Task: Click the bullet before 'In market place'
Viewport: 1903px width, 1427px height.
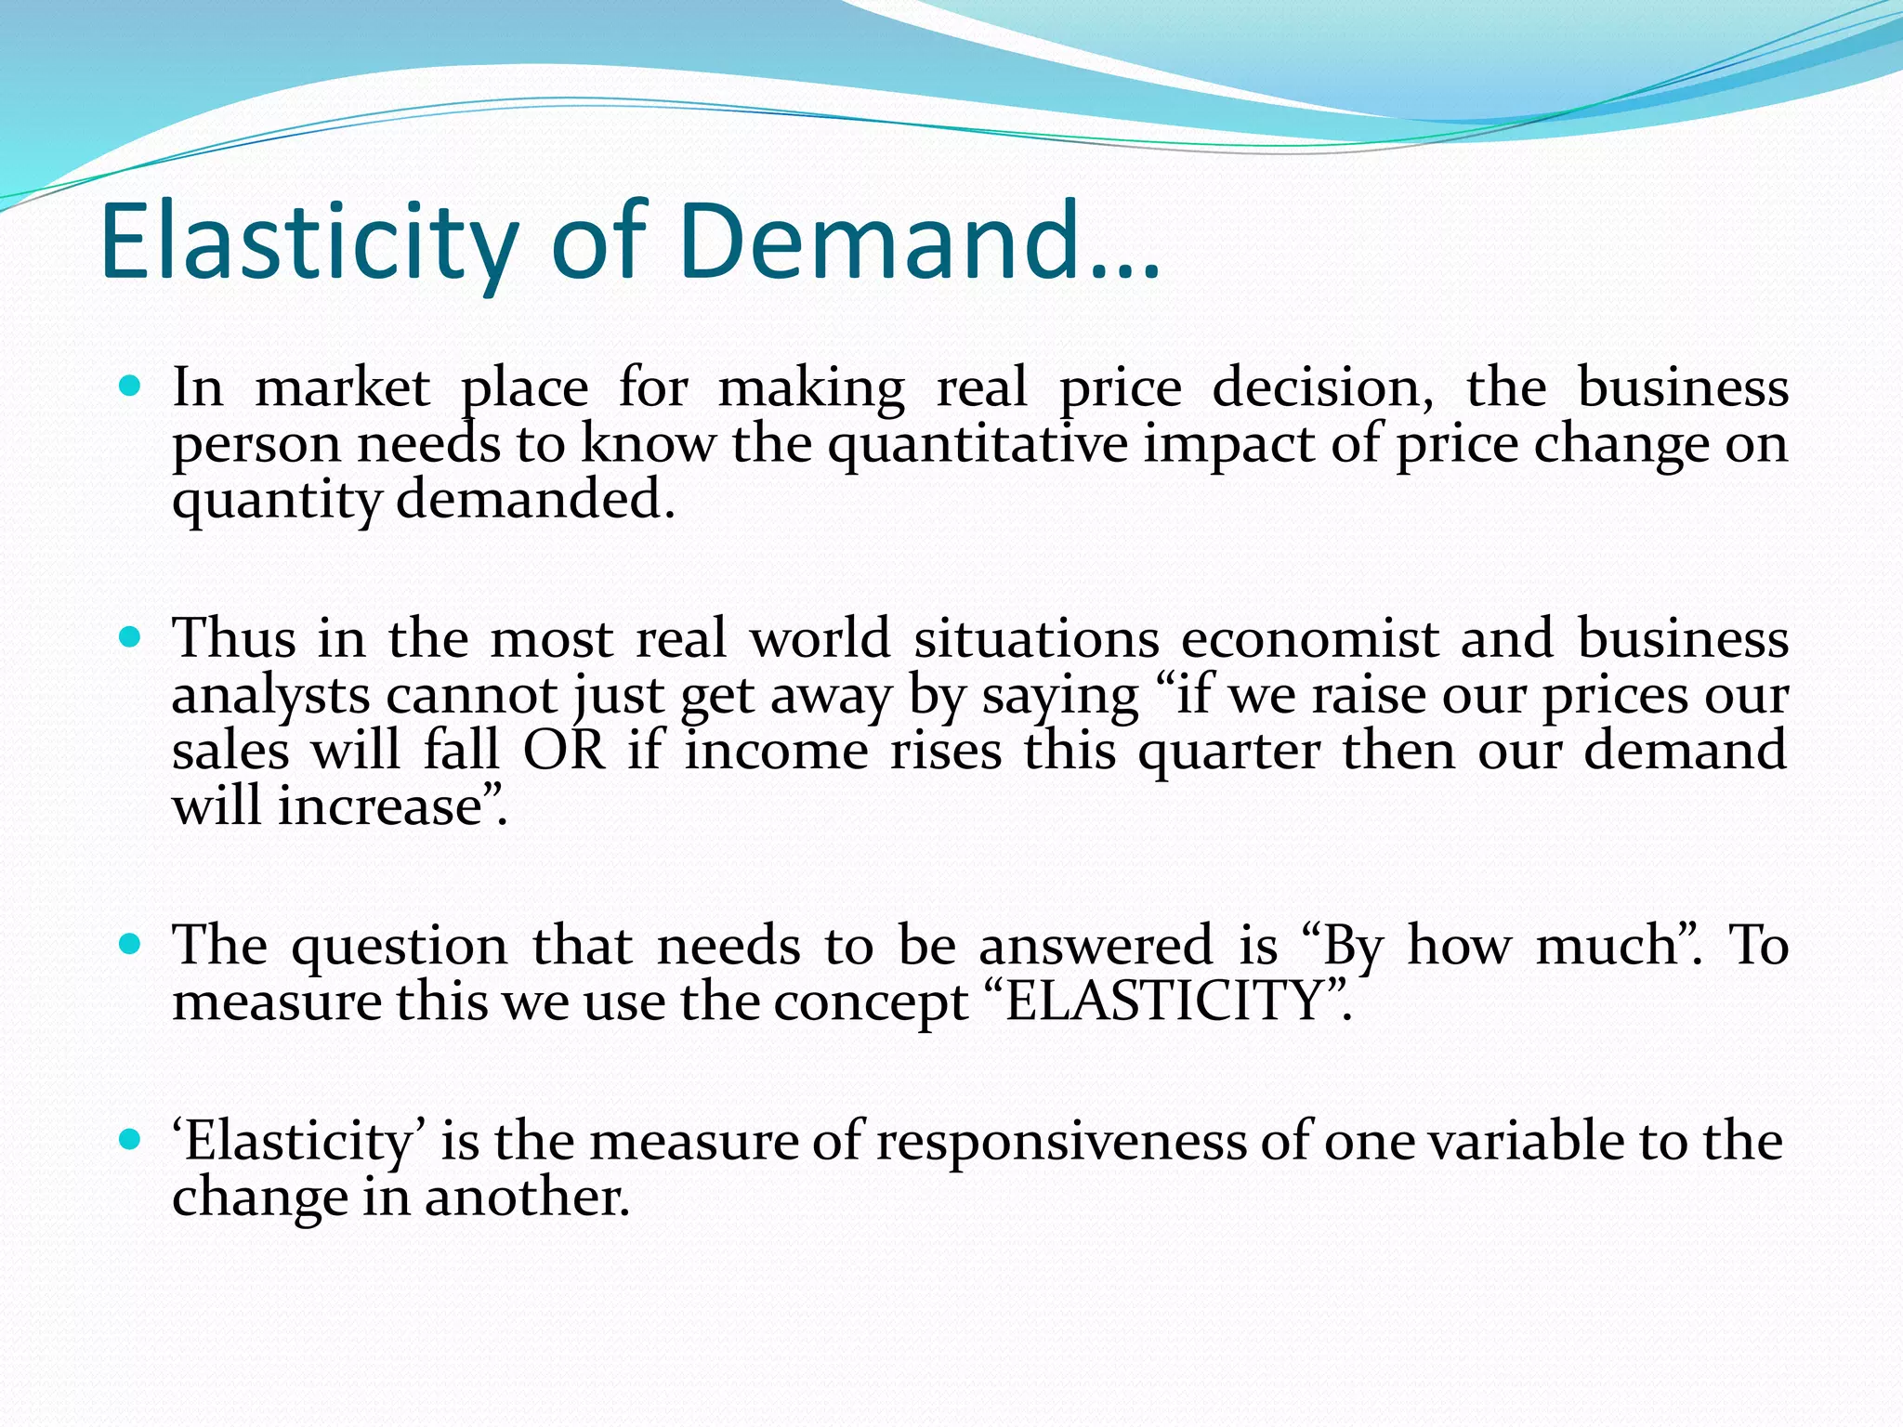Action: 130,385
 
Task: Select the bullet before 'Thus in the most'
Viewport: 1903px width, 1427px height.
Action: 130,637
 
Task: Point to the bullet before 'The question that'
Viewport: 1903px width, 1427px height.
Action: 130,945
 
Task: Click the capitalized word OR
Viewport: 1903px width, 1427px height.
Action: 564,750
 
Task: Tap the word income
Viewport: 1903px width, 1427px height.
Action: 777,750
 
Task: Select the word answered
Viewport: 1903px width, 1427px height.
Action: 1096,946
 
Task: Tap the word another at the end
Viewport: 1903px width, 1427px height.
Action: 527,1197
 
